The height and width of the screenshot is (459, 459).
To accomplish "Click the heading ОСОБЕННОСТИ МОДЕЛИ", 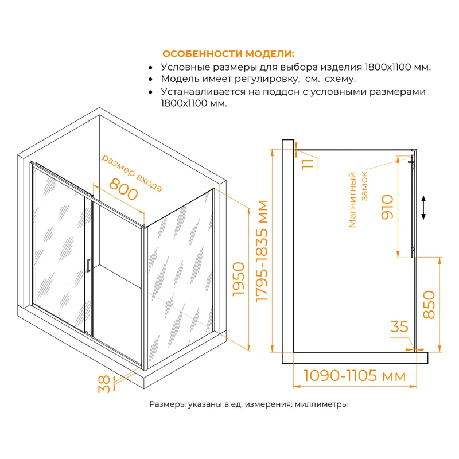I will point(228,54).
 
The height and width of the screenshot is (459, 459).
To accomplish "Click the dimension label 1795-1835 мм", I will point(262,251).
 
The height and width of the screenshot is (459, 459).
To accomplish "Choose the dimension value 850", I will point(428,305).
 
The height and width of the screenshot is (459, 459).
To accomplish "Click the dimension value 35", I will point(399,327).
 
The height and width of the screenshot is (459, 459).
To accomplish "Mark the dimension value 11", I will point(309,161).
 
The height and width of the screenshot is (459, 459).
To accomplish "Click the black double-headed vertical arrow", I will point(423,208).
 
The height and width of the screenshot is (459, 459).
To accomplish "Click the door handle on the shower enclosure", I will point(88,266).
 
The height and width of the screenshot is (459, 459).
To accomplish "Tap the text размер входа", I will point(132,172).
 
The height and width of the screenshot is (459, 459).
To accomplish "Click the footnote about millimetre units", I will point(248,404).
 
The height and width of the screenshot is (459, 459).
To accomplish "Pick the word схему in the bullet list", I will point(343,79).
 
